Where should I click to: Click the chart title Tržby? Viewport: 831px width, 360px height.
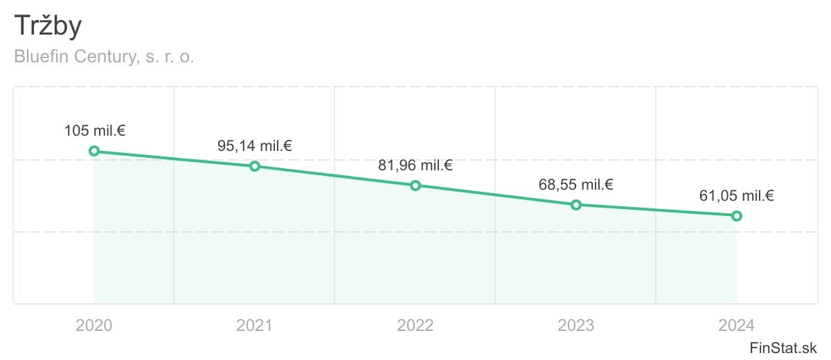click(x=48, y=26)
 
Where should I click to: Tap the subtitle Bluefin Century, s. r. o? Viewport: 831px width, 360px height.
click(x=104, y=57)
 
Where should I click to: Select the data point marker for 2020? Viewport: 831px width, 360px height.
click(x=94, y=151)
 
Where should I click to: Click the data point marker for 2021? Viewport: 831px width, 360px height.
click(x=255, y=166)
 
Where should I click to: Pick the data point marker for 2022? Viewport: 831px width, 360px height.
click(x=415, y=186)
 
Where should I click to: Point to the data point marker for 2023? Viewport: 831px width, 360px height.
click(x=576, y=205)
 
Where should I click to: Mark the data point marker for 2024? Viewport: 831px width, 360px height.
click(x=737, y=216)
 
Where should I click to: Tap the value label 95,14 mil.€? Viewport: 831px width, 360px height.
click(x=255, y=146)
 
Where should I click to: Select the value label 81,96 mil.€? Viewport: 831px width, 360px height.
click(x=415, y=165)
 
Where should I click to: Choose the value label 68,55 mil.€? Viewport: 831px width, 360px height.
click(x=576, y=185)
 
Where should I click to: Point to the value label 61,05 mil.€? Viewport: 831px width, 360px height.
click(x=737, y=196)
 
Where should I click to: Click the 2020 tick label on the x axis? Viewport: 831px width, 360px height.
click(x=94, y=325)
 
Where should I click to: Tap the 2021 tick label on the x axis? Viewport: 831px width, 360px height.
click(x=255, y=325)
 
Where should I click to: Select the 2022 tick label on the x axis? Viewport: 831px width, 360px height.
click(x=415, y=325)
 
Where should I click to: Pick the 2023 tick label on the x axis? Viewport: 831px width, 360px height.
click(x=576, y=325)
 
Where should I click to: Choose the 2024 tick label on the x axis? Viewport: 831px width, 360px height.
click(x=737, y=325)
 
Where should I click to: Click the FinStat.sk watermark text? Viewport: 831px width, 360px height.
click(x=783, y=347)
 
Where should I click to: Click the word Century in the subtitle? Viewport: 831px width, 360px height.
click(x=109, y=57)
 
